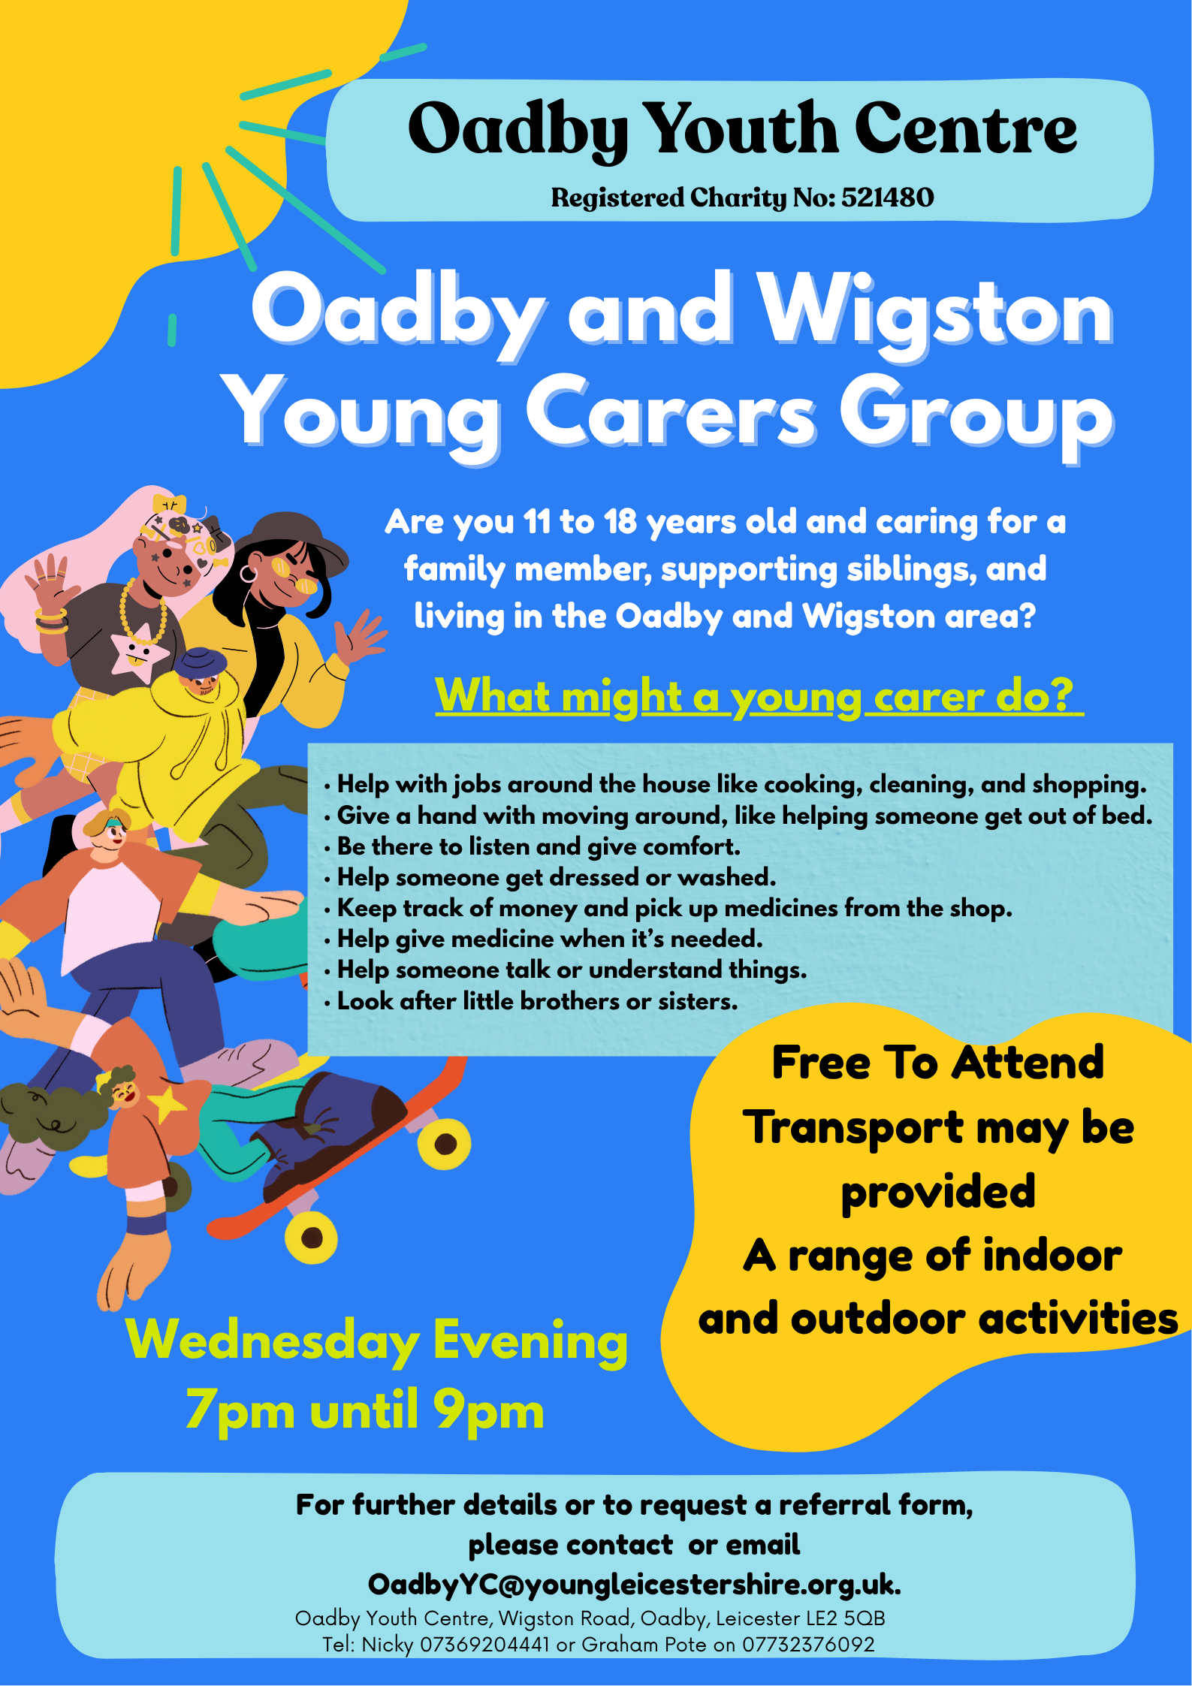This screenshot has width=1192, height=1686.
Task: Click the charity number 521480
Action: point(887,198)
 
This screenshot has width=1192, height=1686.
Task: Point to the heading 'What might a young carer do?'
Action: point(759,696)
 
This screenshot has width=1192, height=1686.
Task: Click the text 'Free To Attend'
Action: point(937,1063)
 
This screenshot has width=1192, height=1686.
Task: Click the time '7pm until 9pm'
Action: point(364,1410)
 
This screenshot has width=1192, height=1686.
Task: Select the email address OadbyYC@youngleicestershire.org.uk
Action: point(634,1584)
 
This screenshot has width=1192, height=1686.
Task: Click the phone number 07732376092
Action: point(808,1645)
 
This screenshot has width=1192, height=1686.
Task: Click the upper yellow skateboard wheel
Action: point(445,1144)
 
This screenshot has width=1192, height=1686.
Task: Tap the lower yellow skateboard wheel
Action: point(311,1237)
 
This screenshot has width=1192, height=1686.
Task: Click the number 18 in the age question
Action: point(620,522)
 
